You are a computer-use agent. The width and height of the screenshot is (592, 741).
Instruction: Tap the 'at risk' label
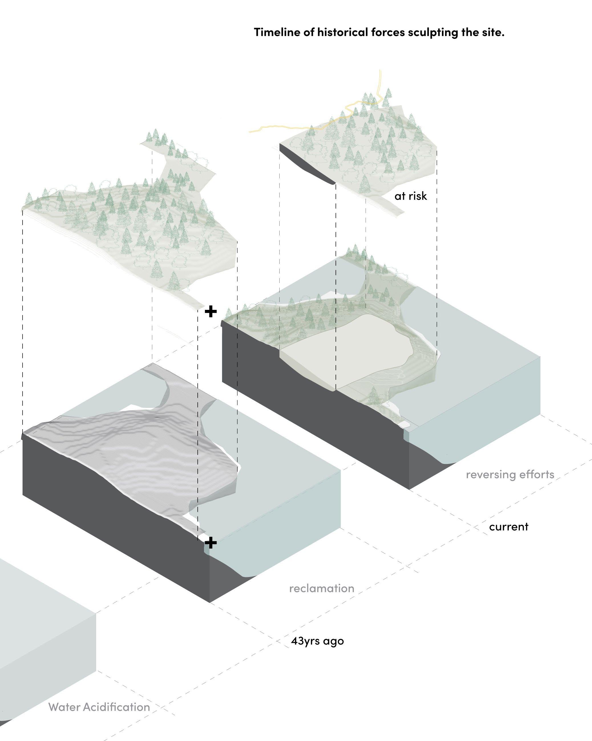point(411,196)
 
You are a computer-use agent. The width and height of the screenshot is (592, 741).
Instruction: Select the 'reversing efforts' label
point(510,475)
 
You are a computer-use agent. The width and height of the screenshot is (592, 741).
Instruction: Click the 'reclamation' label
point(322,588)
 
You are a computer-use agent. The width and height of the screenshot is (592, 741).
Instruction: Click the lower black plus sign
point(211,543)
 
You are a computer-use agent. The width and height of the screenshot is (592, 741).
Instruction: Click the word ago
point(333,642)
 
